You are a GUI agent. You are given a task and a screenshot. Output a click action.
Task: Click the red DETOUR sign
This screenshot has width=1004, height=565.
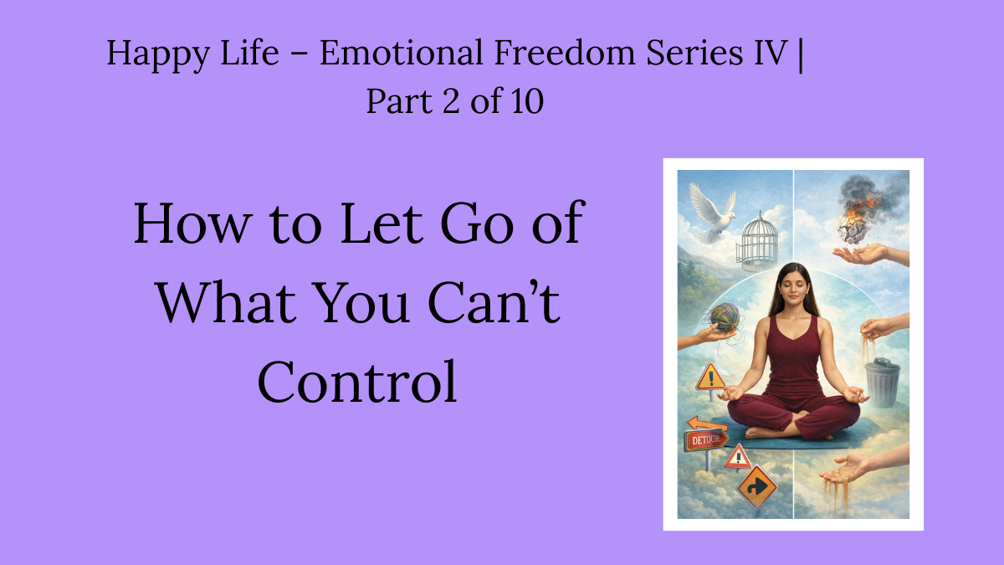[x=706, y=439]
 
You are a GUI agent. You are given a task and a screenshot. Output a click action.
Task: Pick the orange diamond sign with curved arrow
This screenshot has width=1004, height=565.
[x=756, y=486]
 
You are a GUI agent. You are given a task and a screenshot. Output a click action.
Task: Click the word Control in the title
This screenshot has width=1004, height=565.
[x=357, y=380]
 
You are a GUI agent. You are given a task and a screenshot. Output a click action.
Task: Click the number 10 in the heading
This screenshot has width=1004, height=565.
[x=525, y=101]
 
